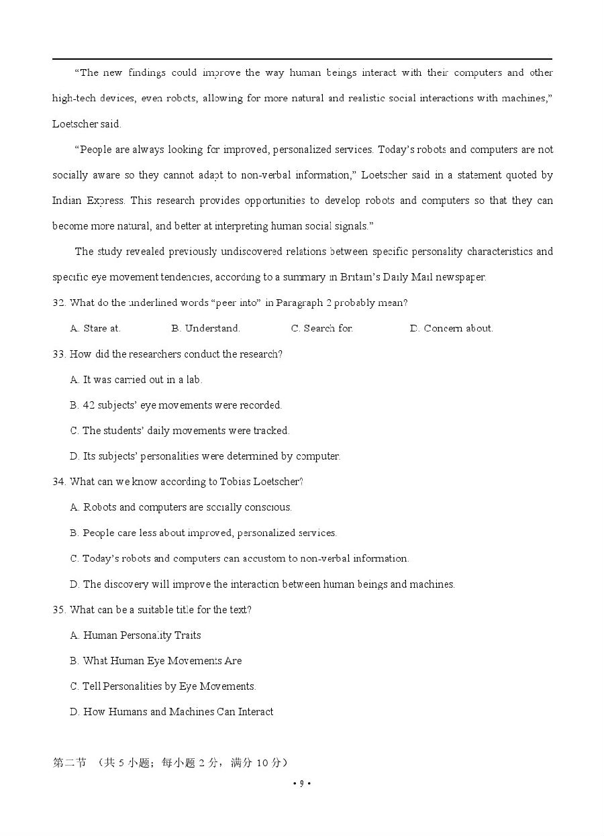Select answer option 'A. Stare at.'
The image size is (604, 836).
tap(95, 328)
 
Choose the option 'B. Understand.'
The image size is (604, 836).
tap(205, 328)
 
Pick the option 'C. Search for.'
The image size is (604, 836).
tap(321, 328)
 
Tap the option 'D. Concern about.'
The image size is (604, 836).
tap(451, 328)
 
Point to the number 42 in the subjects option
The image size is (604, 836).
tap(89, 405)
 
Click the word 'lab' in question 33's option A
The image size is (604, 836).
tap(193, 380)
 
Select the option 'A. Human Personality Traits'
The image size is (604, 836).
tap(135, 635)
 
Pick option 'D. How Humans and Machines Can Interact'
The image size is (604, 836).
tap(171, 712)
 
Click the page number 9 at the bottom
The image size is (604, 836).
tap(302, 783)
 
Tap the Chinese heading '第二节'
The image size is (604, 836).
tap(69, 763)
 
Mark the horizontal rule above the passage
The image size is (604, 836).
tap(302, 59)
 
